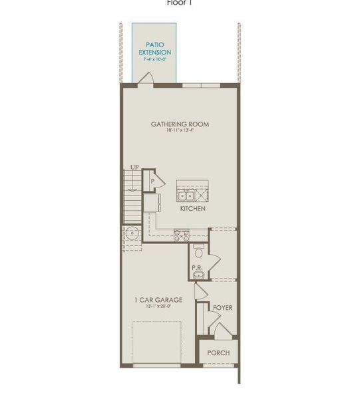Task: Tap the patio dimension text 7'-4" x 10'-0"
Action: (x=154, y=59)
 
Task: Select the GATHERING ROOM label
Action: (x=180, y=124)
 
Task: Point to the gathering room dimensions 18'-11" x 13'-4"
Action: (x=180, y=131)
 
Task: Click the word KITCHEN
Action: (x=193, y=208)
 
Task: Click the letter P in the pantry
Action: (x=152, y=180)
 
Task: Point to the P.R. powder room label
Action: (x=197, y=268)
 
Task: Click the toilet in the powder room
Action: (x=198, y=251)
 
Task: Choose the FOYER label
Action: (x=222, y=308)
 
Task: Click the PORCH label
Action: (x=218, y=352)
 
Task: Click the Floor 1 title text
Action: (x=179, y=3)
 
